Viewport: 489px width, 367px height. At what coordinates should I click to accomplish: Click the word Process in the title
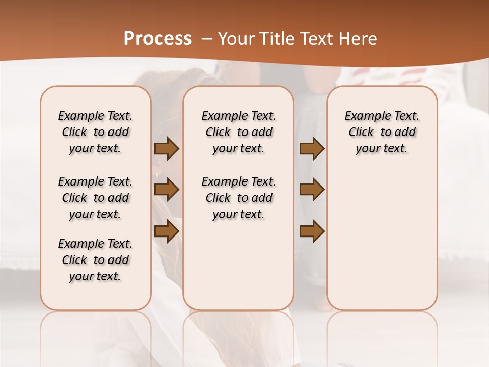coord(157,39)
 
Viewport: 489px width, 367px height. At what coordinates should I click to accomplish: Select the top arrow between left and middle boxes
coord(167,149)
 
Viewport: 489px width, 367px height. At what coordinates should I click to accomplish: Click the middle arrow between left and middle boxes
coord(167,190)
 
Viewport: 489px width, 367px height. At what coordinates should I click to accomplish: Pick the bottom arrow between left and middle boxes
coord(167,231)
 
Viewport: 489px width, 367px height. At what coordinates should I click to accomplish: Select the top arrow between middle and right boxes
coord(312,149)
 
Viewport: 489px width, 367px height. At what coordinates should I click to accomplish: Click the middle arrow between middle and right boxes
coord(312,190)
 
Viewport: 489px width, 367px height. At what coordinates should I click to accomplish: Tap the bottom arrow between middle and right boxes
coord(312,231)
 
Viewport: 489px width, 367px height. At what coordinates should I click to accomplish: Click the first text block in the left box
coord(95,132)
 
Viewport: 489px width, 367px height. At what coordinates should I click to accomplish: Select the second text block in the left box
coord(95,198)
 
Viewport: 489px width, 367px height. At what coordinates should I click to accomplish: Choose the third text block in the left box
coord(95,260)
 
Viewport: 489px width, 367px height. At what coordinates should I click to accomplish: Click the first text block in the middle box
coord(238,132)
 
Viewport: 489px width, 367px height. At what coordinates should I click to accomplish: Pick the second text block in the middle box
coord(238,198)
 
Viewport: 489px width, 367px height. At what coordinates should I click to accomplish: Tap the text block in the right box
coord(382,132)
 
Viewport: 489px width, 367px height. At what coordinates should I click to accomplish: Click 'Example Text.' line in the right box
coord(382,116)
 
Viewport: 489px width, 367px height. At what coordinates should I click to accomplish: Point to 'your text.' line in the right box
coord(382,148)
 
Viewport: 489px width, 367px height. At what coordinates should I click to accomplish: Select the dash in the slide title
coord(207,39)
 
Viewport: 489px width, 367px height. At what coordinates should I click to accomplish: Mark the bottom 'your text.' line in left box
coord(95,276)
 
